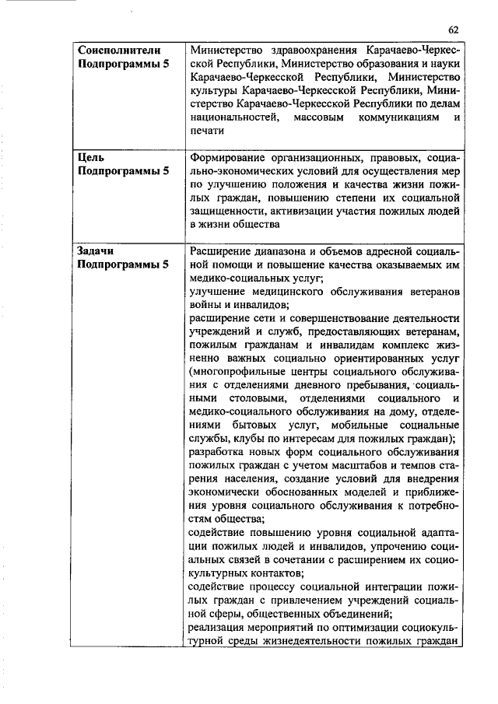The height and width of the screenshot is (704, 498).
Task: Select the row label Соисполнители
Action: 119,50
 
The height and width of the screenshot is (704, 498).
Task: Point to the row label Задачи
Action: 97,250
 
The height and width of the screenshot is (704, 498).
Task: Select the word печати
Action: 208,131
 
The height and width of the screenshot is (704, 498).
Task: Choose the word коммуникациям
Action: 395,117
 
